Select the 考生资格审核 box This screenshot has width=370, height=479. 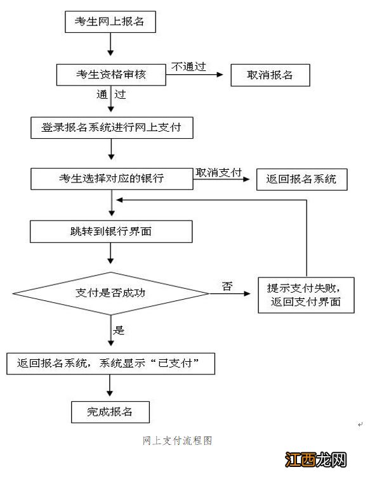[110, 75]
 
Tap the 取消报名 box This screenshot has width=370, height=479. [270, 75]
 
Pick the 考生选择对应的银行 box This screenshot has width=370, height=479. [110, 179]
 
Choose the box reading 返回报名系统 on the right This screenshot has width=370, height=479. [302, 179]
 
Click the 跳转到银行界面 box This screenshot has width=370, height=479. [110, 231]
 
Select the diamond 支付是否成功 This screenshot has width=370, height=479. [110, 293]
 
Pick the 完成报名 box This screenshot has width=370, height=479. [110, 412]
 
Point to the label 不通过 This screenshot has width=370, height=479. [188, 66]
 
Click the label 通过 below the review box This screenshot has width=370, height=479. [110, 95]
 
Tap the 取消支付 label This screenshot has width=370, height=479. [219, 172]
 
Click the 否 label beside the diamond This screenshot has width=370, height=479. [227, 286]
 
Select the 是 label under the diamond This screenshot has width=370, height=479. [118, 329]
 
